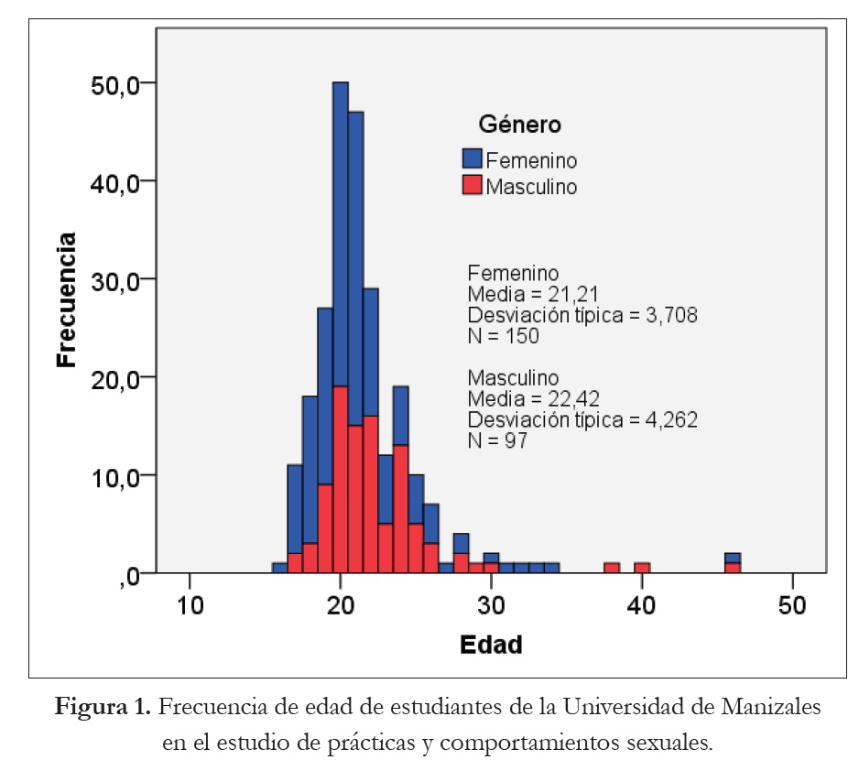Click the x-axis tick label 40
642,606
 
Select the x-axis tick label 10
190,606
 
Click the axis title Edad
490,645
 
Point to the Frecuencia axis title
66,299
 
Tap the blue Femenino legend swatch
473,160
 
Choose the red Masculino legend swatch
473,187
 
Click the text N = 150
503,335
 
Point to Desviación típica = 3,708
582,316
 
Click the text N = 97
497,440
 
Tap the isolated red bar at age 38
612,568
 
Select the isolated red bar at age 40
642,568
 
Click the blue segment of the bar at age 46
733,558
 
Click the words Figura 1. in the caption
103,708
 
